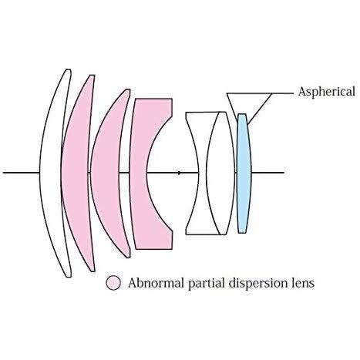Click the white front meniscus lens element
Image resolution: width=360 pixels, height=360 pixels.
tap(52, 173)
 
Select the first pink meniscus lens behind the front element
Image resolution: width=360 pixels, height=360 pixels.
tap(76, 173)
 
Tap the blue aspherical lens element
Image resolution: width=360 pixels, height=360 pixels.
tap(244, 173)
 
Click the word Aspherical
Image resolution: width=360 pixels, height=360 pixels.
tap(327, 92)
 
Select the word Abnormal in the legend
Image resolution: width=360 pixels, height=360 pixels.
tap(156, 283)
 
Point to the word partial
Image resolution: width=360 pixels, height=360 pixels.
tap(207, 284)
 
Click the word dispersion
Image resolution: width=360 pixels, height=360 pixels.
tap(260, 284)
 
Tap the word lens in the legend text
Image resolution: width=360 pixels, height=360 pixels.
tap(304, 283)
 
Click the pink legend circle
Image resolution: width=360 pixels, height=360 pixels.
tap(113, 283)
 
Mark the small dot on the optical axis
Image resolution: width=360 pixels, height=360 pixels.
tap(179, 173)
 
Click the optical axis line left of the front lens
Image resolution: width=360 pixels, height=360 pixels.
tap(21, 173)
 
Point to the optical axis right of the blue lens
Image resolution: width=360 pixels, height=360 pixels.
tap(267, 173)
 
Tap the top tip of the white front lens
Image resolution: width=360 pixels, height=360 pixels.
tap(69, 69)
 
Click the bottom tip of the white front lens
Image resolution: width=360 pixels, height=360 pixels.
tap(69, 277)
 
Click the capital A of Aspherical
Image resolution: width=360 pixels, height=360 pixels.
tap(302, 92)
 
